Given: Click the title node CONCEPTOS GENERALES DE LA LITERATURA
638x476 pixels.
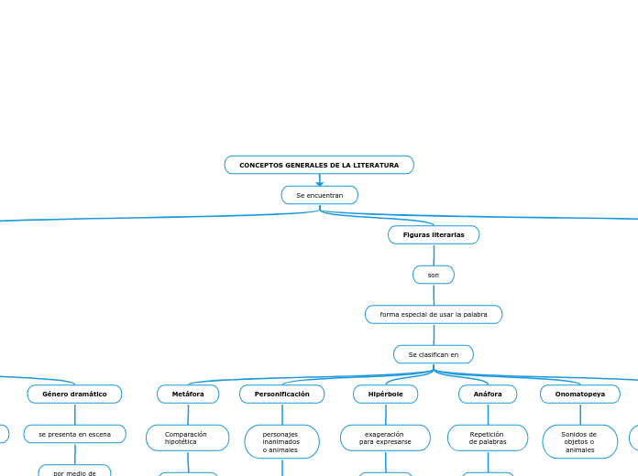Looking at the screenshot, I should click(319, 165).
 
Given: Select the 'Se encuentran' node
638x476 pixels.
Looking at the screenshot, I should click(319, 195).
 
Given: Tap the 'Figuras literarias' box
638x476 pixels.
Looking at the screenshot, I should click(434, 235).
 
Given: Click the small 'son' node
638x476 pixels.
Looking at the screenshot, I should click(434, 275).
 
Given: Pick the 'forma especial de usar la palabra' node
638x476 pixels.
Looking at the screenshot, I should click(434, 315).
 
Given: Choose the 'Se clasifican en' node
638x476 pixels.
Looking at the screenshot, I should click(434, 354).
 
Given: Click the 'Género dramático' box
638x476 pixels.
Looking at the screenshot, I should click(74, 395).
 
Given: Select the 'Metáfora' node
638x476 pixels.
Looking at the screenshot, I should click(188, 395).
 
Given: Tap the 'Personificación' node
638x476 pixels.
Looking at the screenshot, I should click(282, 395).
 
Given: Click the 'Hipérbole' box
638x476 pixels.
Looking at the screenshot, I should click(386, 395).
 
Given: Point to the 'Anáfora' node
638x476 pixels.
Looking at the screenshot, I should click(488, 395).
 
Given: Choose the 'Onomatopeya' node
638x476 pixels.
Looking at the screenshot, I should click(580, 395).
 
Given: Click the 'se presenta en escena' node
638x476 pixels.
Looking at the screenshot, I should click(74, 434).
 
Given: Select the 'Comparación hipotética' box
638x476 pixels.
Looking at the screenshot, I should click(187, 438).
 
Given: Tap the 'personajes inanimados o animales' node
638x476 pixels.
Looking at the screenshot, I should click(281, 441).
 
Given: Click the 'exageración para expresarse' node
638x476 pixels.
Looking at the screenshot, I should click(385, 438).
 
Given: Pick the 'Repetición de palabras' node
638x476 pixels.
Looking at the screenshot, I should click(488, 438).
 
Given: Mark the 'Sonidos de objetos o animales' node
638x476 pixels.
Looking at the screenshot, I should click(580, 441).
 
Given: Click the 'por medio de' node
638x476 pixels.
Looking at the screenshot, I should click(74, 471).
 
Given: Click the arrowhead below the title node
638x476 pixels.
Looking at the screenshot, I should click(320, 181).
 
